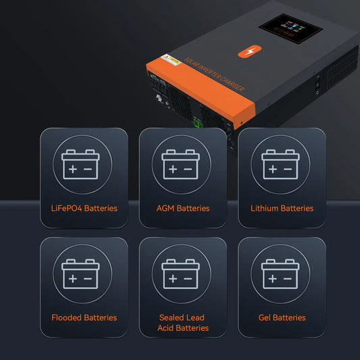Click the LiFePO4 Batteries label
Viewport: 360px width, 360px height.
click(84, 208)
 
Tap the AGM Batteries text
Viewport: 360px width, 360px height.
click(183, 208)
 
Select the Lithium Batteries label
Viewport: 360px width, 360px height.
click(282, 208)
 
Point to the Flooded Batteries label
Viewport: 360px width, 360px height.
click(84, 317)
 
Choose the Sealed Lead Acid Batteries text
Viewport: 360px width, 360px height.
click(183, 322)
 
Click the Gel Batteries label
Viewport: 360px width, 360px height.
click(282, 317)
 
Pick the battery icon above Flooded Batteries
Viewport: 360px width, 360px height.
click(81, 274)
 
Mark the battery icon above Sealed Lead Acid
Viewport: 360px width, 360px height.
click(180, 274)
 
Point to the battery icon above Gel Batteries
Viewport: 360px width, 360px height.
click(280, 274)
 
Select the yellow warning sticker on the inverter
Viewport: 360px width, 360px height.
click(174, 61)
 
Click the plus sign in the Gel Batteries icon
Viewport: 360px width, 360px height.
click(272, 278)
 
